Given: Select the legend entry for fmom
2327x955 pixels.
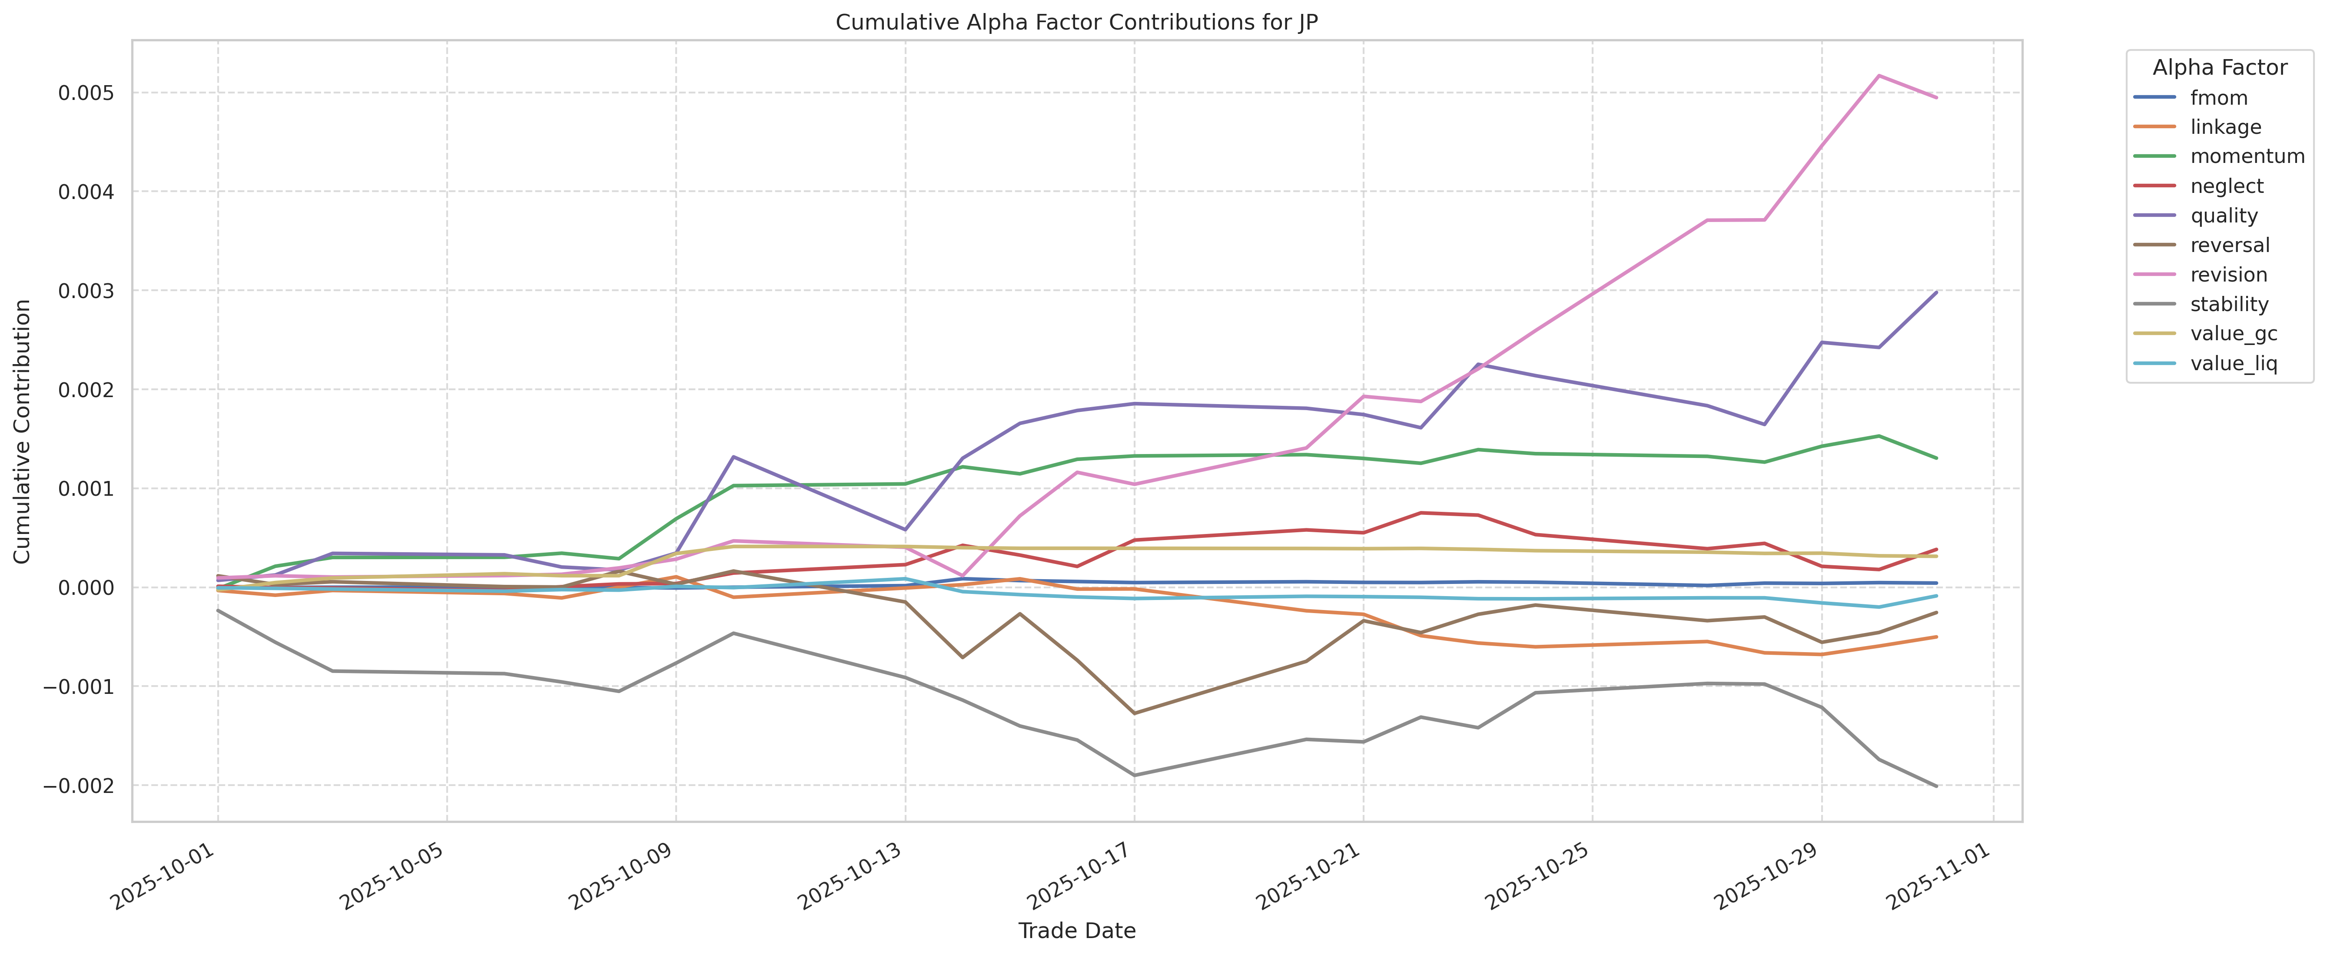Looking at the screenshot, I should tap(2217, 98).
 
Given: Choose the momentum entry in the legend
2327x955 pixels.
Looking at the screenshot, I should tap(2247, 156).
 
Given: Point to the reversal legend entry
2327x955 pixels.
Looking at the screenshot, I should tap(2228, 245).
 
